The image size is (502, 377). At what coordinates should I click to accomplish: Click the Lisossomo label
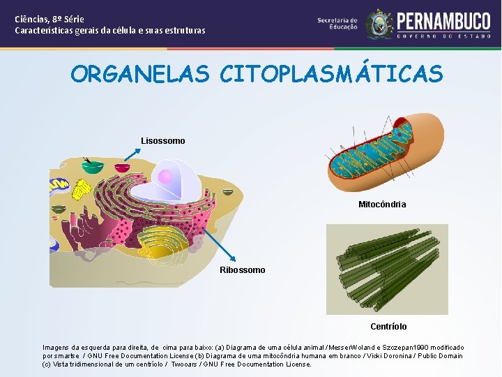163,141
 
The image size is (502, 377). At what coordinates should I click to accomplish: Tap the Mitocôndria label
382,205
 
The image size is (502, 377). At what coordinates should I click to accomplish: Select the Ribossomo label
243,270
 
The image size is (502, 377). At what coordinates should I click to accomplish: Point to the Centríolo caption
388,327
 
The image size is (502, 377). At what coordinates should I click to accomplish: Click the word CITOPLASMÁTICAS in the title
331,74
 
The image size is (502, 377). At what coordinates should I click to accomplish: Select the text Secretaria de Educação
337,24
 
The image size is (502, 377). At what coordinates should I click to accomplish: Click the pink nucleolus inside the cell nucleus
165,176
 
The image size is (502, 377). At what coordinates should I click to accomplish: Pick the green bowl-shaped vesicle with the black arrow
93,168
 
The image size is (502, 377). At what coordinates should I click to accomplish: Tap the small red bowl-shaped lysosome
123,168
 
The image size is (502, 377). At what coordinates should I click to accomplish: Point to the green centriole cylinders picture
387,269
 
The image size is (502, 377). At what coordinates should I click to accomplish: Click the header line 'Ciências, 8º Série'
50,20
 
